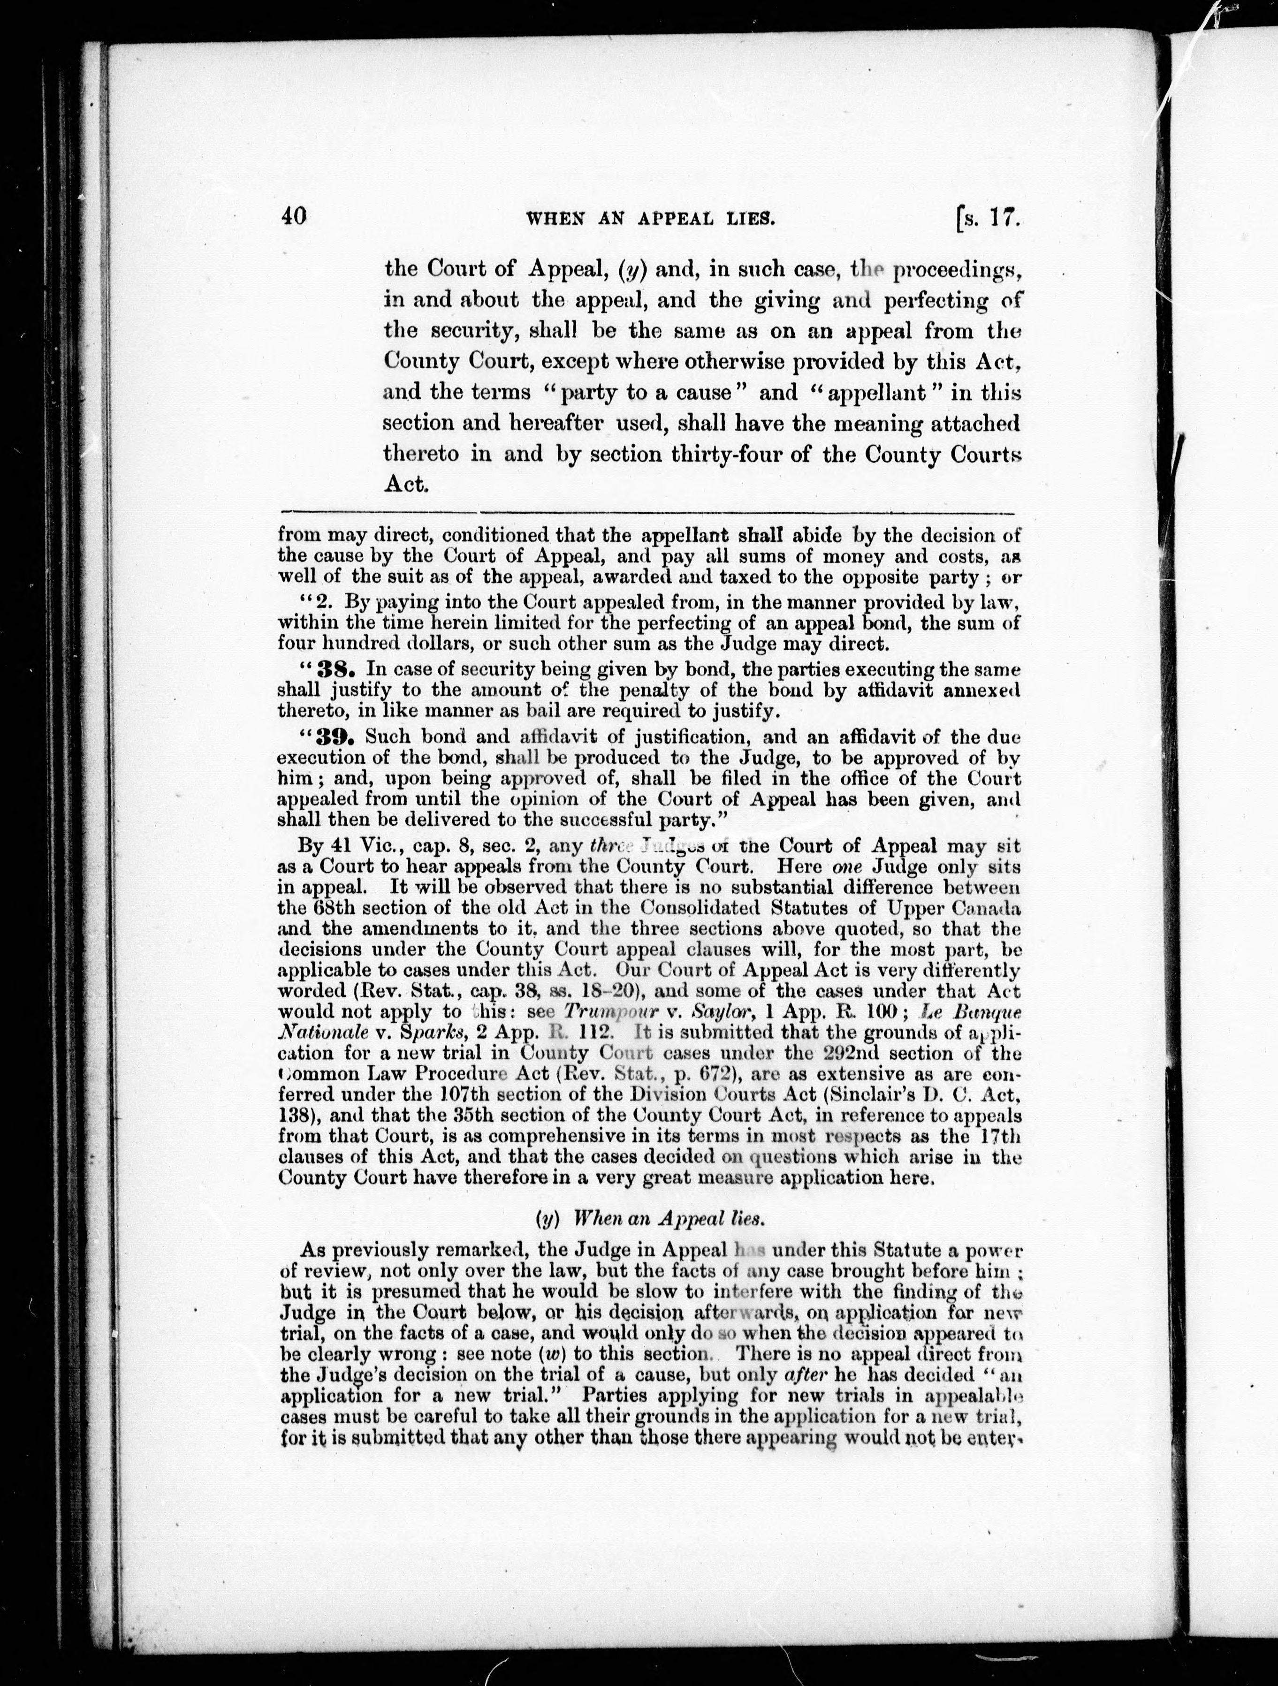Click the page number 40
click(x=293, y=217)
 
